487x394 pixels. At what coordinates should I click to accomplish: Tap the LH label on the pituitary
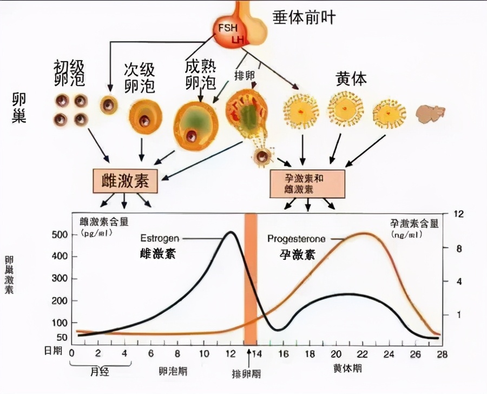click(238, 41)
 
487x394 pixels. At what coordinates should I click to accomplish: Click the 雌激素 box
click(125, 181)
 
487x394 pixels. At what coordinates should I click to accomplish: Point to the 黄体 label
click(351, 80)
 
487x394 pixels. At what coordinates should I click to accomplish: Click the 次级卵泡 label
click(139, 78)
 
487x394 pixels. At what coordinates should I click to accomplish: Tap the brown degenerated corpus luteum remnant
click(430, 113)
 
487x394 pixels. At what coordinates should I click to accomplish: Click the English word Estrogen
click(160, 238)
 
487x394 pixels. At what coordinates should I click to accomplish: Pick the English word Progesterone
click(297, 239)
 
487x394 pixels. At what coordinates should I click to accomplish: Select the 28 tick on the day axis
click(442, 353)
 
